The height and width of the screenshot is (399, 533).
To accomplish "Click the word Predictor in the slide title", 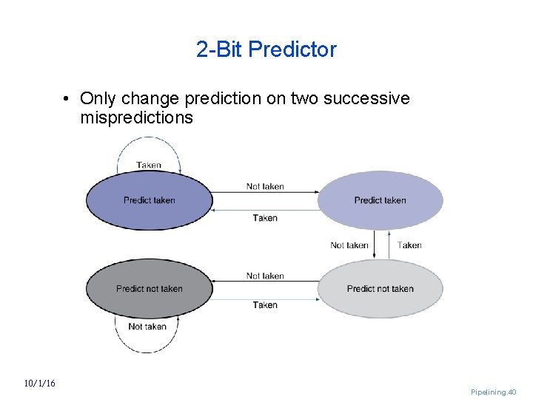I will [292, 50].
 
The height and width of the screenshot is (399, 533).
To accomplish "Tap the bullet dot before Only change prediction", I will [66, 99].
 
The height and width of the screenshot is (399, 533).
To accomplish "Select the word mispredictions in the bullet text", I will [137, 117].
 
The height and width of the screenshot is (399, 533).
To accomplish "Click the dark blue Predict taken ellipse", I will [149, 200].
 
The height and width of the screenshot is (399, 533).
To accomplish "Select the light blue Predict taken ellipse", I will [380, 200].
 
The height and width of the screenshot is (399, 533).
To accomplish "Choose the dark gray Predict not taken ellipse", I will [149, 289].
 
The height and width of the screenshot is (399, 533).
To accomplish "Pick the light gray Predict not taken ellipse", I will [380, 289].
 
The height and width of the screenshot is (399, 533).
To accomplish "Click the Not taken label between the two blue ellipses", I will [265, 186].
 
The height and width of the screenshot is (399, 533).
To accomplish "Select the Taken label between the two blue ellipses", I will [265, 218].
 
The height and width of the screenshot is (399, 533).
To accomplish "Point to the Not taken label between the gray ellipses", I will [265, 276].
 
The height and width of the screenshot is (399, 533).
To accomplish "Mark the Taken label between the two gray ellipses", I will [265, 305].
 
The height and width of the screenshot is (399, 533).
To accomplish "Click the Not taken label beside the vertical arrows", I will [349, 245].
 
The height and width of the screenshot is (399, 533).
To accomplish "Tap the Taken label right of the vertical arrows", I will [409, 245].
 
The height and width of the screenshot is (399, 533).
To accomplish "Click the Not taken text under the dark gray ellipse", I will [147, 327].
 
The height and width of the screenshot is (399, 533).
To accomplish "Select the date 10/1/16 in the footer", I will [39, 383].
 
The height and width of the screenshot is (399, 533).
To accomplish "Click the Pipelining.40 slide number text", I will [494, 392].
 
